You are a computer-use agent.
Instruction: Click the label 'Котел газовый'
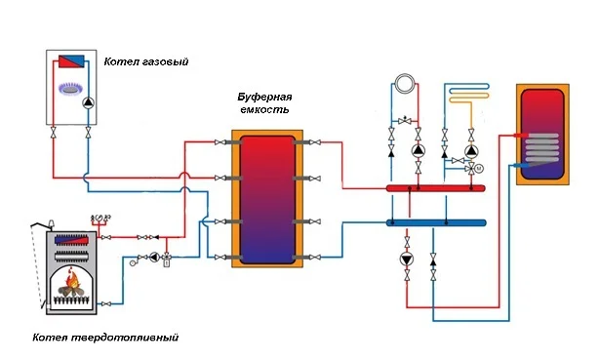pos(146,61)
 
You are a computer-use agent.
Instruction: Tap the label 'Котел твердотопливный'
pos(105,338)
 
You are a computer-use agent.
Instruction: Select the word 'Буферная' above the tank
pos(264,97)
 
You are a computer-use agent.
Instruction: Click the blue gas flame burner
pos(70,89)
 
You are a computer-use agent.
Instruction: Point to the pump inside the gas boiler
pos(89,102)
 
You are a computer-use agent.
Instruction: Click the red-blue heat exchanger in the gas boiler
pos(71,61)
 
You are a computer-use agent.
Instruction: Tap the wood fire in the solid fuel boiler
pos(71,284)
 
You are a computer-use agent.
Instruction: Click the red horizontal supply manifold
pos(436,188)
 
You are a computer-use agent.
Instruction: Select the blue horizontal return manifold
pos(436,222)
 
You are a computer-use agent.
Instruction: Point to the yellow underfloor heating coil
pos(469,95)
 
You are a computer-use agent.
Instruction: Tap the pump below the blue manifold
pos(407,260)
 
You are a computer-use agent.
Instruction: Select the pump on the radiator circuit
pos(419,150)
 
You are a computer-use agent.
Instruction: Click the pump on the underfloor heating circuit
pos(471,150)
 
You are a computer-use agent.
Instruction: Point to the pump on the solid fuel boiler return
pos(154,258)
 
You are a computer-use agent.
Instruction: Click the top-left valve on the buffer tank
pos(220,142)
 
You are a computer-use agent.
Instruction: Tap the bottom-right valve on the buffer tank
pos(315,258)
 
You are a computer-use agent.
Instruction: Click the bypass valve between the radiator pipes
pos(405,121)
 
